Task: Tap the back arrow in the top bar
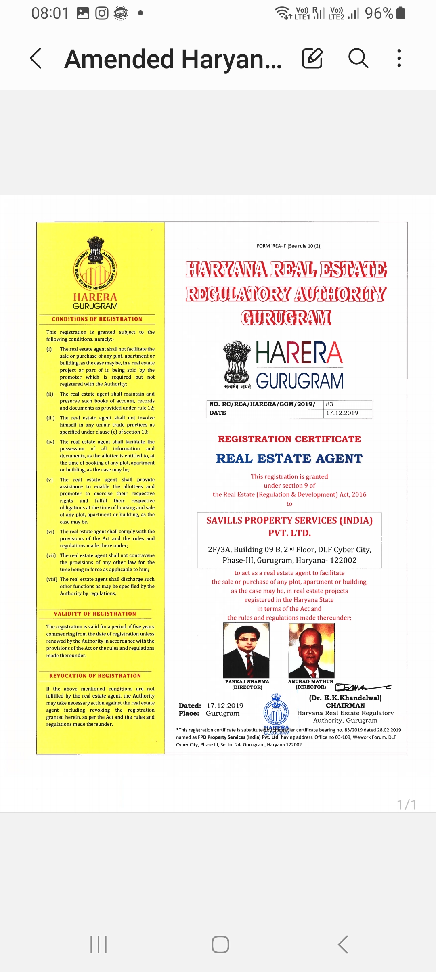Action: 36,58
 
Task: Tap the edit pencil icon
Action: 312,58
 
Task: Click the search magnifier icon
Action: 358,58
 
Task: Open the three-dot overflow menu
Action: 399,58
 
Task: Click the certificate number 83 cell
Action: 330,404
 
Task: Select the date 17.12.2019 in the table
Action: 342,413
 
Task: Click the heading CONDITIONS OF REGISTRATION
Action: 97,319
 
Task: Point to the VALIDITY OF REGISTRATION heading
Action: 95,614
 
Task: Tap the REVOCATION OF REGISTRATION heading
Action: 95,676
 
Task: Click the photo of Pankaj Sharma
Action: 246,650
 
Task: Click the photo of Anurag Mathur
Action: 311,650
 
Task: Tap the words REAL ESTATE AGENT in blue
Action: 289,459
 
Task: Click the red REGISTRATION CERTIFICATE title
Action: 289,439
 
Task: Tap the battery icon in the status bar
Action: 400,13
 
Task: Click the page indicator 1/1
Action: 407,805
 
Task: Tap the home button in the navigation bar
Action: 220,945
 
